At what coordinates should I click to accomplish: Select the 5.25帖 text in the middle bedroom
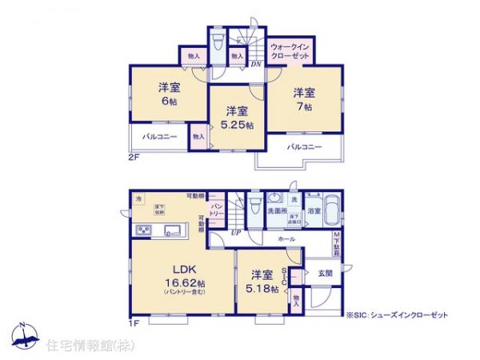tap(237, 126)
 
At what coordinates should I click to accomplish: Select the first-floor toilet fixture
tap(254, 207)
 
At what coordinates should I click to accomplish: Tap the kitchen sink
tap(171, 231)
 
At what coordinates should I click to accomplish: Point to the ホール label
tap(286, 239)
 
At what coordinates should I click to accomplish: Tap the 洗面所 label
tap(278, 210)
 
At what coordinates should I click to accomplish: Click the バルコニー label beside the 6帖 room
tap(159, 137)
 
